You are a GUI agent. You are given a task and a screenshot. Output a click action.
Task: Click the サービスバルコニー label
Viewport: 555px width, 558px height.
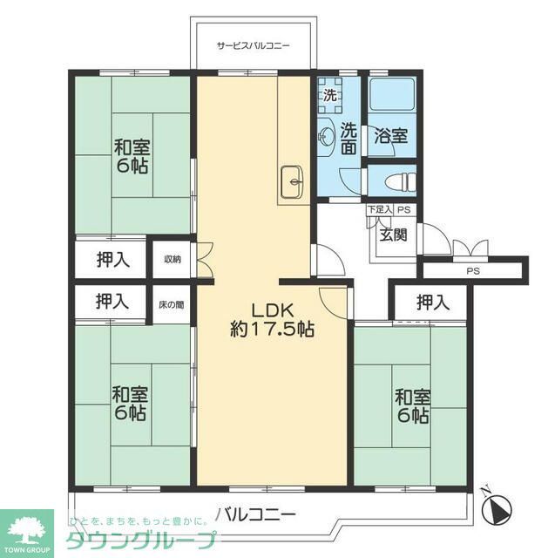tap(253, 45)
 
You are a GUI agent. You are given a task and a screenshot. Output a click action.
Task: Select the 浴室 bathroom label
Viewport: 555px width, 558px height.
tap(391, 136)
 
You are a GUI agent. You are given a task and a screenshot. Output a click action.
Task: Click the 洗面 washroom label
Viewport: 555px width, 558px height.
tap(349, 137)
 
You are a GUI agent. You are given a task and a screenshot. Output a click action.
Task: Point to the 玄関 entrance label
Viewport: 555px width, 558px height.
tap(392, 235)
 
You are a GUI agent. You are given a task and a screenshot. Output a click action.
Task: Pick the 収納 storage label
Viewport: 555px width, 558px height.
tap(173, 259)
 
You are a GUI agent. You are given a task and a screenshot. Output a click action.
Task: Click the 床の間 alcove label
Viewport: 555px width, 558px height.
tap(172, 304)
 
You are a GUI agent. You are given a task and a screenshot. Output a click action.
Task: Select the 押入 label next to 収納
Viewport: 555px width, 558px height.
tap(112, 259)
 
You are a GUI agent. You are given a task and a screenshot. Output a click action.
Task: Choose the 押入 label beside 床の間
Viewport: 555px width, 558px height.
tap(112, 303)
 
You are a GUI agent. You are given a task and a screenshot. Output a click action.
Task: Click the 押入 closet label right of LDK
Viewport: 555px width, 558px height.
tap(432, 303)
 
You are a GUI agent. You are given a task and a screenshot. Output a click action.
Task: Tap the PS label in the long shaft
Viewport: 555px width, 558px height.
tap(472, 271)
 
